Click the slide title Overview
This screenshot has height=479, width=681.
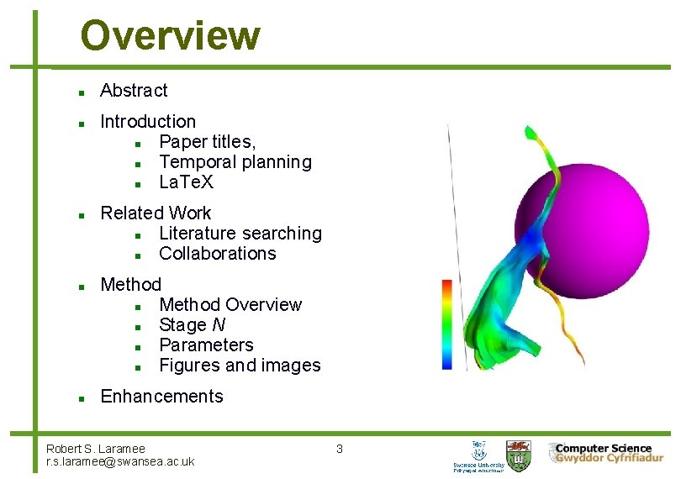170,36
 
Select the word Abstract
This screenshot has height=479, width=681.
134,91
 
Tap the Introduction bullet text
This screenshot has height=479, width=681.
148,122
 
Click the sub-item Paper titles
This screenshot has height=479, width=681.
208,142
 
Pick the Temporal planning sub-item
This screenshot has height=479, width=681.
235,162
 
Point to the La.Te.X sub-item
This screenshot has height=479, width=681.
187,182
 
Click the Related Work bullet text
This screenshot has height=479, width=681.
156,213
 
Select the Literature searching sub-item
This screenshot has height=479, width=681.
240,234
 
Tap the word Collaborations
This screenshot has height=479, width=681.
217,254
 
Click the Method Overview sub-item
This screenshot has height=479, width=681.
230,304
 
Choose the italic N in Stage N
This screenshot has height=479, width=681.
218,325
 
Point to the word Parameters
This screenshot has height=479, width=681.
206,345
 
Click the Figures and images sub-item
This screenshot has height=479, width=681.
240,366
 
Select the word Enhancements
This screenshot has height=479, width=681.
161,397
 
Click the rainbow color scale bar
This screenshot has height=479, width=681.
447,324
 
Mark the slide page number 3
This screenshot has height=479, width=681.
340,449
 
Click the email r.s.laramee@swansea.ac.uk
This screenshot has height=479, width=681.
120,461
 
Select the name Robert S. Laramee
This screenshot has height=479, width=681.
96,449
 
